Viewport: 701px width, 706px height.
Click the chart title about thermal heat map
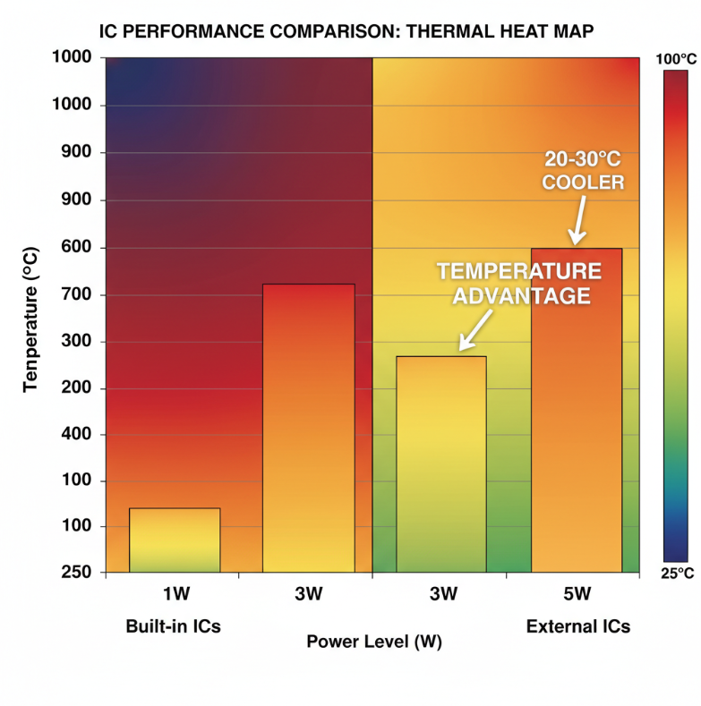346,32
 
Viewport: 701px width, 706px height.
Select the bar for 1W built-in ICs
175,540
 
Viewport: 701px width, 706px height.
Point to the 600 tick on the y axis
79,248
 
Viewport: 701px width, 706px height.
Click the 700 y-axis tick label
79,295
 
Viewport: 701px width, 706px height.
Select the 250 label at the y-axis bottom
79,573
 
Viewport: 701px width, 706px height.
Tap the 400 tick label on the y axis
79,435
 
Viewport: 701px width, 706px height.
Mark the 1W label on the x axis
175,594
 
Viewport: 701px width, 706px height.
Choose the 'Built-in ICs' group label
173,626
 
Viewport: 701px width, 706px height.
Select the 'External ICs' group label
577,626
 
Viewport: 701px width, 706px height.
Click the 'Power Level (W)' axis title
374,642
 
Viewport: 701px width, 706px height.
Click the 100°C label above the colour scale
676,59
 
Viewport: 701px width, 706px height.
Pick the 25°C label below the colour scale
676,573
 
